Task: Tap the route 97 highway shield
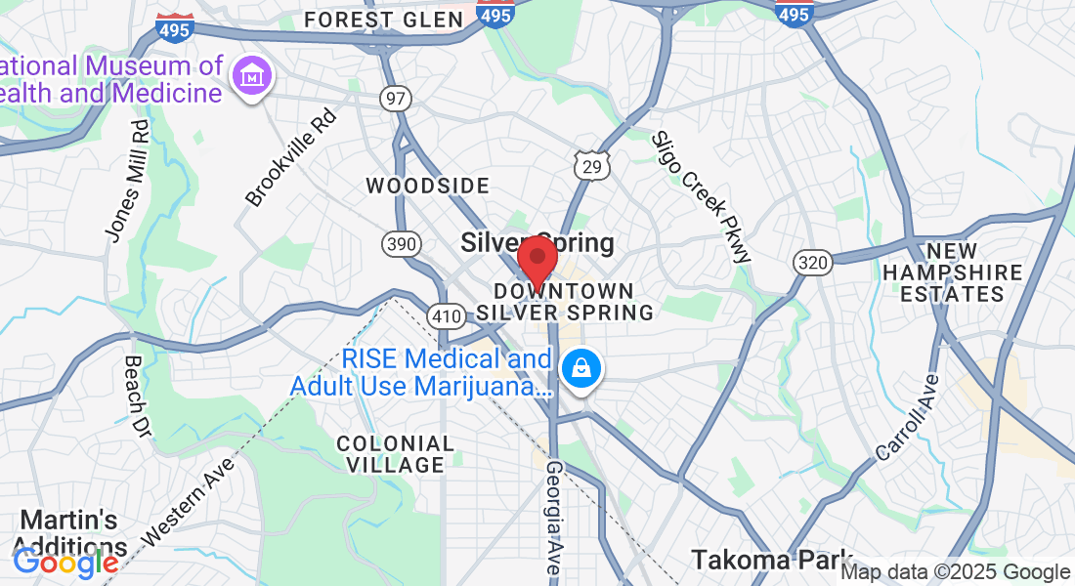[398, 99]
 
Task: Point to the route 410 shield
[445, 315]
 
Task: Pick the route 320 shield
[813, 261]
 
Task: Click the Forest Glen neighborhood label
[382, 20]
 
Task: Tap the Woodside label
[427, 186]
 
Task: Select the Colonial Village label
[396, 454]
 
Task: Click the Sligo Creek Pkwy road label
[703, 196]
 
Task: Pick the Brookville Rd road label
[290, 158]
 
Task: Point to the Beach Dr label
[138, 396]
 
